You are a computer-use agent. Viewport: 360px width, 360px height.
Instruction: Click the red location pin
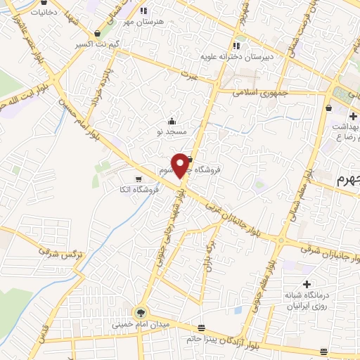[181, 165]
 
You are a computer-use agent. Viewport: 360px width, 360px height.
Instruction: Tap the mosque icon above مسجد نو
[172, 120]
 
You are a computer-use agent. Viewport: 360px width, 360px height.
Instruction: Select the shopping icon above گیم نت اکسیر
[96, 33]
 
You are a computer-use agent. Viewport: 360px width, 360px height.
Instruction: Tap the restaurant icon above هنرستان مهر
[144, 11]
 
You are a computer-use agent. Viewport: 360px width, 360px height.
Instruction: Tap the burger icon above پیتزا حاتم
[202, 328]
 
